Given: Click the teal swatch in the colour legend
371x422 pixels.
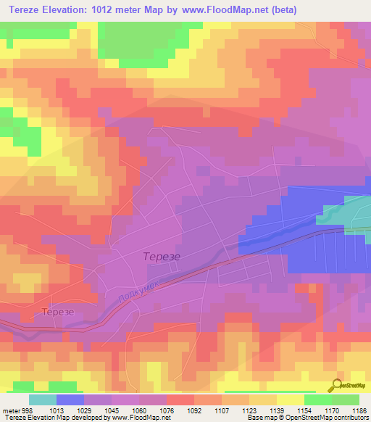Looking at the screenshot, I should [x=43, y=400].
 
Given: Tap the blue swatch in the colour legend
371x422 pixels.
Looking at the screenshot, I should [x=70, y=400].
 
